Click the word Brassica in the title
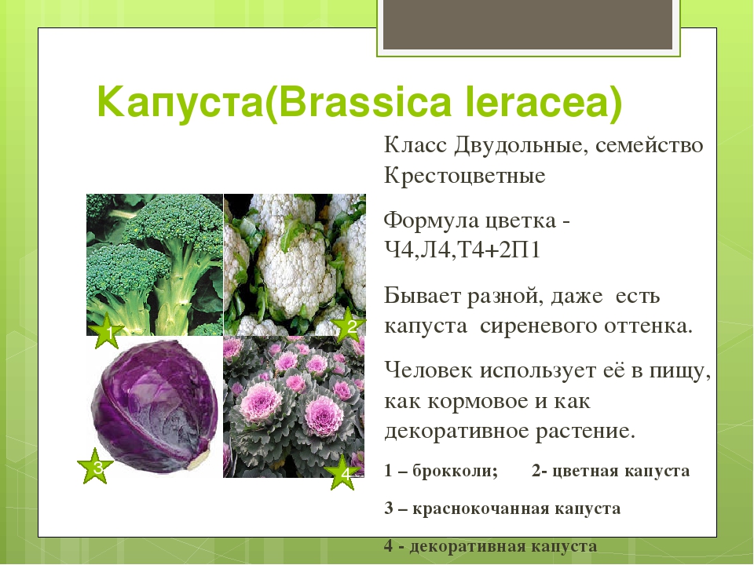click(365, 102)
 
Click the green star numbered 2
click(350, 325)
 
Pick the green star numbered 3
click(95, 466)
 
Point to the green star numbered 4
click(344, 473)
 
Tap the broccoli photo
click(155, 264)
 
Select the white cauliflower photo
click(295, 264)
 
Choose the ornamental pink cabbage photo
click(294, 407)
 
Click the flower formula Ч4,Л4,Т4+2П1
click(462, 250)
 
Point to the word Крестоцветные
click(464, 175)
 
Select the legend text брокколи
click(455, 470)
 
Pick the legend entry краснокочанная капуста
click(517, 508)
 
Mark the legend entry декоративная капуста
click(503, 546)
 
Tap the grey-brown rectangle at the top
click(528, 24)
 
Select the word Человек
click(428, 370)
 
